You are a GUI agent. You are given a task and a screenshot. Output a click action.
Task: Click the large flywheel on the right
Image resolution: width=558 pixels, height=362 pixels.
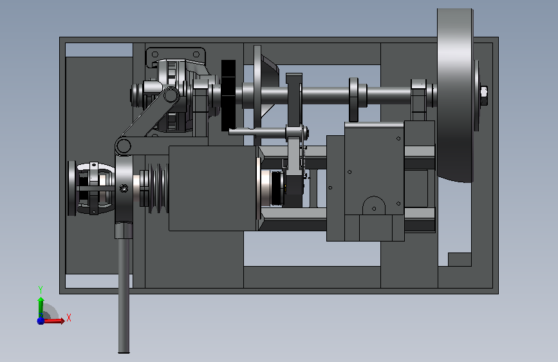[x=455, y=95]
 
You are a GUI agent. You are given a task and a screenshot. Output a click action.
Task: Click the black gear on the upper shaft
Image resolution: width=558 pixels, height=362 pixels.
[x=228, y=95]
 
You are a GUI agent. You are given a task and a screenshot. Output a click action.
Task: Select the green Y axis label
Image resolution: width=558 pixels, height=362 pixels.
[x=41, y=289]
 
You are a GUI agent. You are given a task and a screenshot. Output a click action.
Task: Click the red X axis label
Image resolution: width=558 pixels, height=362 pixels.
[x=69, y=318]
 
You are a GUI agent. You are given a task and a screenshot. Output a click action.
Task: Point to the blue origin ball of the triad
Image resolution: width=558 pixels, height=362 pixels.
[x=41, y=321]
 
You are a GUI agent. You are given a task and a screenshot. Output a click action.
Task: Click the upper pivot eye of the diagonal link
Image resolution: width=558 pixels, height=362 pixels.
[x=171, y=95]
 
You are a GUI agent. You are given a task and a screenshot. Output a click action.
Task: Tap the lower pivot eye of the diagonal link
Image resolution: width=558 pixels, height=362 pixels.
[x=123, y=146]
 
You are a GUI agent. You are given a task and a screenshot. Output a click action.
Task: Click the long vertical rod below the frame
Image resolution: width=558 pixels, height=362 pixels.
[x=124, y=295]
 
